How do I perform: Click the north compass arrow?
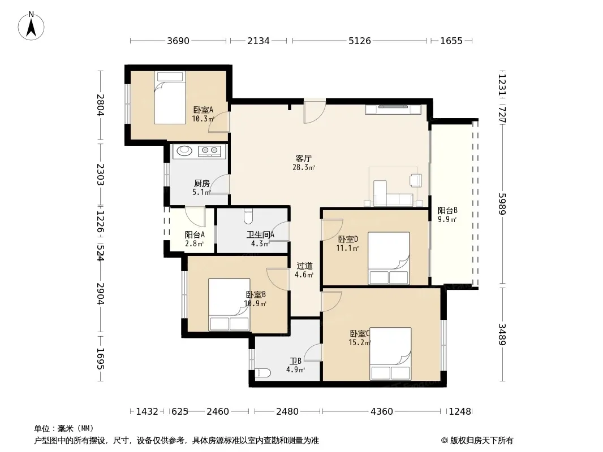pyautogui.click(x=31, y=28)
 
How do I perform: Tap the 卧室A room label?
pyautogui.click(x=203, y=110)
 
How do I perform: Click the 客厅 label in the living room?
pyautogui.click(x=303, y=158)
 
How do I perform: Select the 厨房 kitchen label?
pyautogui.click(x=202, y=184)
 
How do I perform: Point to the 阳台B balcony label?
pyautogui.click(x=447, y=210)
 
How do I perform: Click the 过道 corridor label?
pyautogui.click(x=304, y=266)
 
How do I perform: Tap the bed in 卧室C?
pyautogui.click(x=391, y=354)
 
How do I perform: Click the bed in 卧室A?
pyautogui.click(x=170, y=98)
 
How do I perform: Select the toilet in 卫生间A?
pyautogui.click(x=248, y=216)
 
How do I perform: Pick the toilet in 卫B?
pyautogui.click(x=263, y=373)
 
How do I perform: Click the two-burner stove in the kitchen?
pyautogui.click(x=210, y=151)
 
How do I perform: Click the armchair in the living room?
pyautogui.click(x=415, y=180)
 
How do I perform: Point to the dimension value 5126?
pyautogui.click(x=360, y=41)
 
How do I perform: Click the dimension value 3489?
pyautogui.click(x=502, y=334)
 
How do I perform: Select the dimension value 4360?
pyautogui.click(x=381, y=412)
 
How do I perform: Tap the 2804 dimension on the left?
pyautogui.click(x=100, y=105)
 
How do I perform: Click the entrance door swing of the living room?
pyautogui.click(x=315, y=112)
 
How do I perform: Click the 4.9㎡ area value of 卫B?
pyautogui.click(x=295, y=370)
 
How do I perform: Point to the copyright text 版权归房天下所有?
pyautogui.click(x=481, y=441)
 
